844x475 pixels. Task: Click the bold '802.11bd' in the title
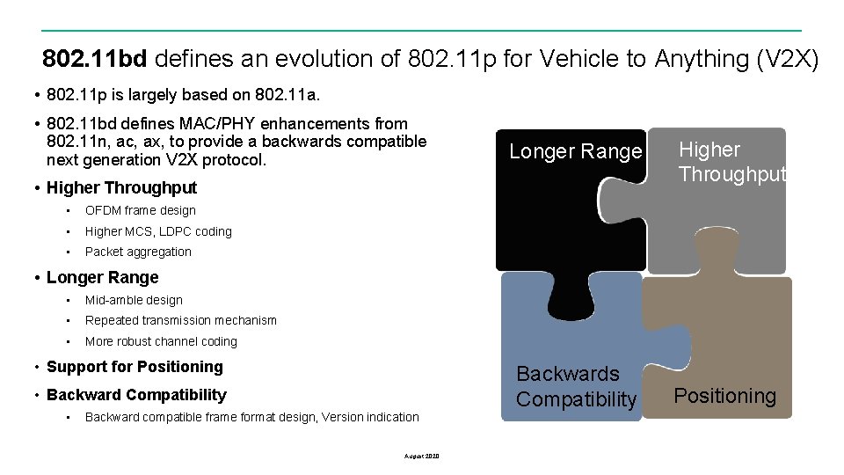[x=94, y=59]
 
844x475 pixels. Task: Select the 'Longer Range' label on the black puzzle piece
[x=576, y=151]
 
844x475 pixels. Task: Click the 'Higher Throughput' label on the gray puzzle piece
[x=731, y=162]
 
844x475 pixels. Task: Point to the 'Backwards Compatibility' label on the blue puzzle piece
[x=576, y=386]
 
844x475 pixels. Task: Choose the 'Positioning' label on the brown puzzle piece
[x=724, y=396]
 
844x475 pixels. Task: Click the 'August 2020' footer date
[x=421, y=456]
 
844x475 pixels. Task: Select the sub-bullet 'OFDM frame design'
[x=140, y=210]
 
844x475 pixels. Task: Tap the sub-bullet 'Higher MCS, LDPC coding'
[x=158, y=231]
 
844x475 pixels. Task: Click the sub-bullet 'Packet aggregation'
[x=138, y=252]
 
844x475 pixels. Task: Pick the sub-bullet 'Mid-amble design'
[x=134, y=300]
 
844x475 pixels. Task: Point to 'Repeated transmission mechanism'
[x=180, y=320]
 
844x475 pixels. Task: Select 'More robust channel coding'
[x=161, y=341]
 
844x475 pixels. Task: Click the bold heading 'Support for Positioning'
[x=135, y=367]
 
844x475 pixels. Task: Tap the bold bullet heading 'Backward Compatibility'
[x=136, y=395]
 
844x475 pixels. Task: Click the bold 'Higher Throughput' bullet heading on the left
[x=121, y=187]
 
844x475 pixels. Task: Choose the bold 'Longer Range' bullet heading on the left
[x=102, y=277]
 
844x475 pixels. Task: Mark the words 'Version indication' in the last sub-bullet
[x=370, y=417]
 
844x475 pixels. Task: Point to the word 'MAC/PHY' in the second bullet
[x=205, y=124]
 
